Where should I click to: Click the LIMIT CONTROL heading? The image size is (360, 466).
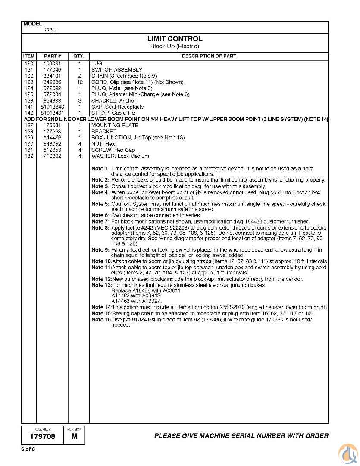175,39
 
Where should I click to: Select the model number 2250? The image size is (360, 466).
50,30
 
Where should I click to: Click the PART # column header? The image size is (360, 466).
52,56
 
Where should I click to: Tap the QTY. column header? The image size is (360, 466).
79,56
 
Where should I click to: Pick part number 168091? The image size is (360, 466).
52,63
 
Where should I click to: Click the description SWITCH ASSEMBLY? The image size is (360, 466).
116,70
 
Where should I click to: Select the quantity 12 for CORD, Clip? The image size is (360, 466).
80,82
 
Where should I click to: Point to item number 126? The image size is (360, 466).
29,101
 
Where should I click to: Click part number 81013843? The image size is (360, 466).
52,107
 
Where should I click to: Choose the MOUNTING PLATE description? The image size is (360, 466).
115,126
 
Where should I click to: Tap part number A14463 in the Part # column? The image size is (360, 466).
52,138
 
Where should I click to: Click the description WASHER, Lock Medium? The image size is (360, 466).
120,156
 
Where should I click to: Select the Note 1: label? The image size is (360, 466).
100,169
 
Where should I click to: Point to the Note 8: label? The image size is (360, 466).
100,228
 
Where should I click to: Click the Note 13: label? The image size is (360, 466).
101,285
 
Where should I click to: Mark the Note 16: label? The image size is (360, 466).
101,320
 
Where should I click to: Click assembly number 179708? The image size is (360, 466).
42,436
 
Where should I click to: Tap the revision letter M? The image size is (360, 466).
75,436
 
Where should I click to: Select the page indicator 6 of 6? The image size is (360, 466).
28,450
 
